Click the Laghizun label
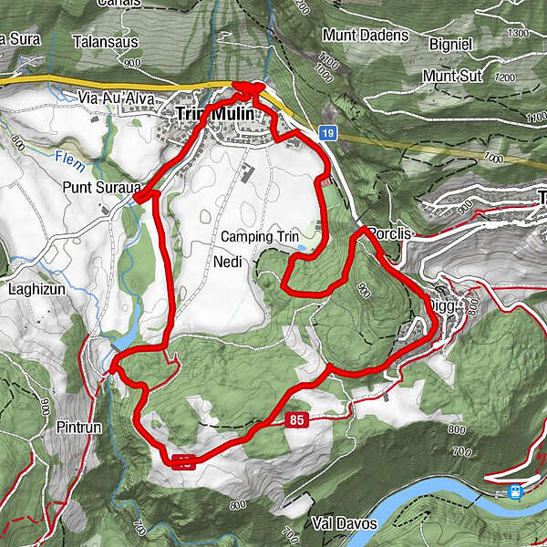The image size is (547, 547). coord(35,290)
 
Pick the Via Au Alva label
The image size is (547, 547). coord(113,98)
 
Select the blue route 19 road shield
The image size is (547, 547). coord(328,134)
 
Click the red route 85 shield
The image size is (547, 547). coord(295,421)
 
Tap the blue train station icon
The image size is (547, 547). coord(515,491)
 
